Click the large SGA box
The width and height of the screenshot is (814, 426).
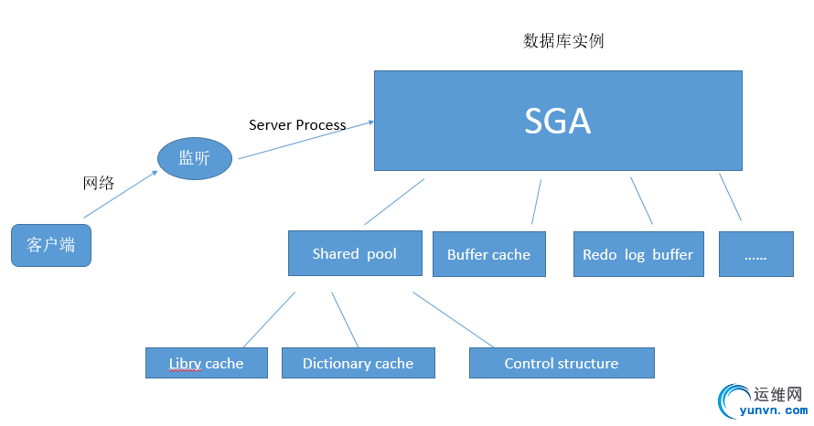click(558, 121)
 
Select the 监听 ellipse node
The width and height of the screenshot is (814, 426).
click(194, 158)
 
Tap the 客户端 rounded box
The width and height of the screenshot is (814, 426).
click(51, 245)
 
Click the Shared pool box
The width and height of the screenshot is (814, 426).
click(355, 253)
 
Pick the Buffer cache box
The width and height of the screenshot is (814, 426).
click(488, 254)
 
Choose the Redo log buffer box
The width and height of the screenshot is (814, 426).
click(637, 254)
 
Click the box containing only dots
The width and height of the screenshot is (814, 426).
click(755, 254)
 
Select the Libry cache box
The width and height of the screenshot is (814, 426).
click(207, 363)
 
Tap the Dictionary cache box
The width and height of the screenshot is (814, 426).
click(358, 363)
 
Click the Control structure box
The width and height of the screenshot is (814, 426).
click(562, 363)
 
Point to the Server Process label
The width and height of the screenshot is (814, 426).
click(297, 124)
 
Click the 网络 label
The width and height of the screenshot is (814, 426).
click(99, 183)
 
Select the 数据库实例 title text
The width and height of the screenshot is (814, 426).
click(563, 41)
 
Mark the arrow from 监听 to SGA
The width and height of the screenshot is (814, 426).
click(305, 140)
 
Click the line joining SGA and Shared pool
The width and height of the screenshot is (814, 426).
click(394, 202)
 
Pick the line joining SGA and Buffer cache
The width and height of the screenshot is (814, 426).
click(537, 202)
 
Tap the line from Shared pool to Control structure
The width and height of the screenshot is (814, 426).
click(453, 320)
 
